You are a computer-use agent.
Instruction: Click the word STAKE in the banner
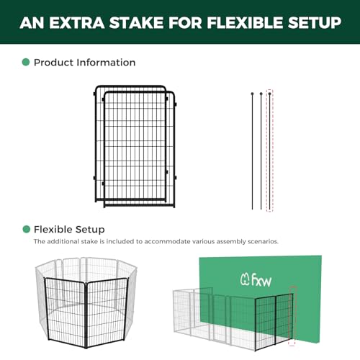[x=137, y=23]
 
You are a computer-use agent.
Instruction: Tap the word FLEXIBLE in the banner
[x=245, y=23]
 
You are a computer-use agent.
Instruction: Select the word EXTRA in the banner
[x=77, y=23]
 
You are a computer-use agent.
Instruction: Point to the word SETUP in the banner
[x=315, y=23]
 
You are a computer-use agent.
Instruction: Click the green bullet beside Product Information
[x=26, y=62]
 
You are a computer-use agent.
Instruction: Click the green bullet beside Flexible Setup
[x=26, y=229]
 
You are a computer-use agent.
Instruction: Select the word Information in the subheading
[x=106, y=63]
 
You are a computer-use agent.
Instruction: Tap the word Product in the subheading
[x=53, y=63]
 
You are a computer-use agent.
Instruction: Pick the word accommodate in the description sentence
[x=167, y=241]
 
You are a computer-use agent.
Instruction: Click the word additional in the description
[x=63, y=241]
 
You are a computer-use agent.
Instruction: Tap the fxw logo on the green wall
[x=256, y=279]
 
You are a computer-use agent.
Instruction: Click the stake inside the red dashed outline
[x=270, y=151]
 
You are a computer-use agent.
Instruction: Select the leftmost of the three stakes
[x=252, y=151]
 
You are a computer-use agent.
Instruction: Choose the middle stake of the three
[x=261, y=151]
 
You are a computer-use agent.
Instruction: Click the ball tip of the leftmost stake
[x=252, y=94]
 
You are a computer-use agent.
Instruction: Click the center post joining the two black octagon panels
[x=86, y=315]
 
